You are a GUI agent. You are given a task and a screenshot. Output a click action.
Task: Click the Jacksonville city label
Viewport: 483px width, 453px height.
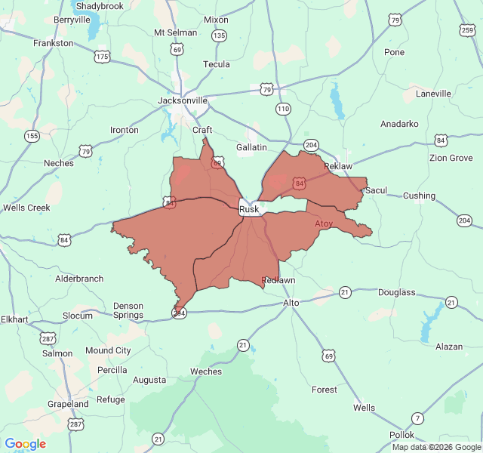(183, 100)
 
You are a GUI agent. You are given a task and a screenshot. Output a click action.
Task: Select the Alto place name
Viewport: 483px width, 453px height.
(291, 303)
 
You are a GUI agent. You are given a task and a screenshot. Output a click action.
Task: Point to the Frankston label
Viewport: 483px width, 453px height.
(54, 43)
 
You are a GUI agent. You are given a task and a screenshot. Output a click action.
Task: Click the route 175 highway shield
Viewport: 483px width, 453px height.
(103, 56)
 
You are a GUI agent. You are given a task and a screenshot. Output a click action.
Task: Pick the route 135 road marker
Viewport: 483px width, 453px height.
(219, 35)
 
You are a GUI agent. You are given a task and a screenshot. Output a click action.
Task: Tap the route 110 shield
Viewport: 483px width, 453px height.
(283, 109)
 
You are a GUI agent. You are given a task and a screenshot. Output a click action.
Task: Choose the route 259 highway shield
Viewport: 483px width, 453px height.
(467, 29)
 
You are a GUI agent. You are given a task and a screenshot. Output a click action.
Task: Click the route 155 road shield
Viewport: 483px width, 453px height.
(32, 136)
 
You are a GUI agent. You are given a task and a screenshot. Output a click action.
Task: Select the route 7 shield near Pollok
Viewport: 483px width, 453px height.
(417, 418)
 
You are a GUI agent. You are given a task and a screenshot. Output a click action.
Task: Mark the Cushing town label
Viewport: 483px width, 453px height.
(419, 196)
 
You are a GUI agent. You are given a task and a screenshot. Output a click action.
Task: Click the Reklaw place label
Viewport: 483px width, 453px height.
(338, 165)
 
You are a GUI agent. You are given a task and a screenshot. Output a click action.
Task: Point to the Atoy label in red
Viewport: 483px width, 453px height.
(323, 224)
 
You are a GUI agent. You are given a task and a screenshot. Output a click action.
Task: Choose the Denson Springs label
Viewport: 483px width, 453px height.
(128, 310)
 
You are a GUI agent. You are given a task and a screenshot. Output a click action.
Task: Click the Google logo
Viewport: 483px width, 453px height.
(25, 444)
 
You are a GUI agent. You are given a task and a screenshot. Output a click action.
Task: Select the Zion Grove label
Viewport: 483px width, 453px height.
(451, 158)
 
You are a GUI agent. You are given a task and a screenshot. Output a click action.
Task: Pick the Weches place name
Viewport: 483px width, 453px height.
(206, 371)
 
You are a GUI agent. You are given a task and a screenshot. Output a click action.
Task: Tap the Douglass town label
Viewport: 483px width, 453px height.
(396, 292)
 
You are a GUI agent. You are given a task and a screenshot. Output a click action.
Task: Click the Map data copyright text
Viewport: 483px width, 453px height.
(435, 447)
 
